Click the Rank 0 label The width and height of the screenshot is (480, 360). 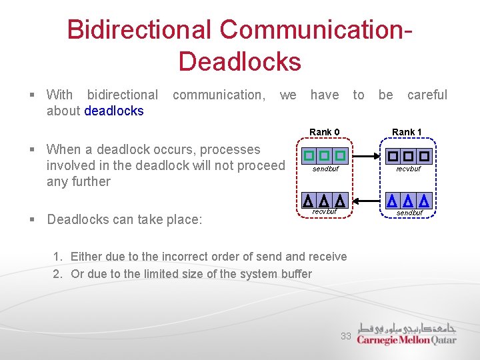[x=325, y=132]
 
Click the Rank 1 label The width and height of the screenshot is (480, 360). [x=407, y=132]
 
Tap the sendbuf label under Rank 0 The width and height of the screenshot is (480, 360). [x=325, y=169]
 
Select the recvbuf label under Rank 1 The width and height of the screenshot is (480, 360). [x=408, y=169]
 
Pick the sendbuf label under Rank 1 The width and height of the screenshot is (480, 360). [x=409, y=213]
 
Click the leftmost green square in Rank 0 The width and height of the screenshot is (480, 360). [x=309, y=156]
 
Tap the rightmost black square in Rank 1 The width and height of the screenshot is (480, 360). [x=423, y=156]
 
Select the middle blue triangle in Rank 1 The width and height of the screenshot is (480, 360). [x=407, y=200]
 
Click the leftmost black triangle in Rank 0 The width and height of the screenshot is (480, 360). [x=308, y=200]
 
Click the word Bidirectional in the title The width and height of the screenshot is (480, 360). [x=139, y=30]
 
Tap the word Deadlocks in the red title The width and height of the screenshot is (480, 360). [x=239, y=61]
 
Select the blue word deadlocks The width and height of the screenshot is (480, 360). [x=114, y=111]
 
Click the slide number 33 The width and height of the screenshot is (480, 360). [x=346, y=336]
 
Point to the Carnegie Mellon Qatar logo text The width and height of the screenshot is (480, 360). [x=406, y=340]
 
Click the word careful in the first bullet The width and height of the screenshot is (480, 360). [x=427, y=95]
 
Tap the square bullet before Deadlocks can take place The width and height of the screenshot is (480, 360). [x=33, y=219]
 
